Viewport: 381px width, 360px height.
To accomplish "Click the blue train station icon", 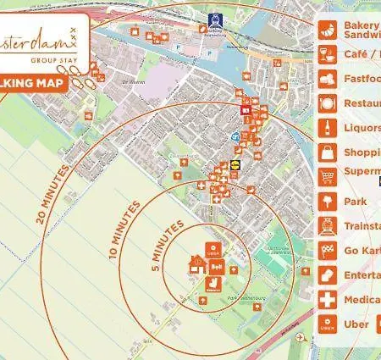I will [213, 17].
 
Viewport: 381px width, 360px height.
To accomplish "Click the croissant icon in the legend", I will [327, 30].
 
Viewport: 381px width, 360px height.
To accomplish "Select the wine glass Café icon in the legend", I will [327, 55].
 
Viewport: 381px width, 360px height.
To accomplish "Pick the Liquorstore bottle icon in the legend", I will [327, 129].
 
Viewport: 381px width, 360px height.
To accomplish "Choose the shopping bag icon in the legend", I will [327, 153].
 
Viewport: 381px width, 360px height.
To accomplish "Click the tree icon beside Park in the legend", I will [327, 202].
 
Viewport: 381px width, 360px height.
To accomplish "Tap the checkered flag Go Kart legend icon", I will [327, 252].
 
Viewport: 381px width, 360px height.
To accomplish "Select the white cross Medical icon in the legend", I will [327, 300].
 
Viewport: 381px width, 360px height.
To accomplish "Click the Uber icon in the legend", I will [327, 324].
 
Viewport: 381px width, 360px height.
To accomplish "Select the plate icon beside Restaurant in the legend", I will [327, 104].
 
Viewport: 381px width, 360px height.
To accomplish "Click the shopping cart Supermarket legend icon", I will [327, 178].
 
